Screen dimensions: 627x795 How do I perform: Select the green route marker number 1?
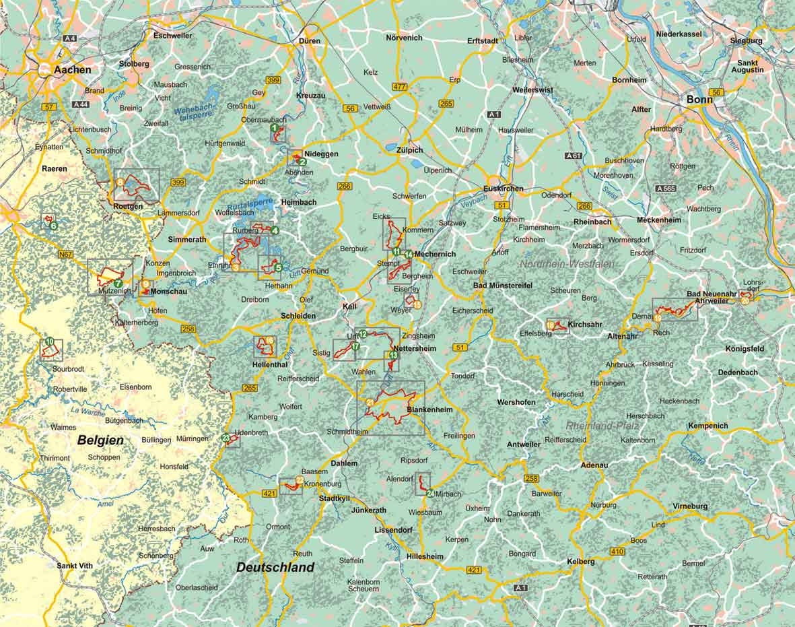tap(275, 127)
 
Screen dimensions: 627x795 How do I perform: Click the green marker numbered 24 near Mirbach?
tap(430, 494)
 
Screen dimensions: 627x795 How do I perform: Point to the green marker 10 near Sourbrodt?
tap(50, 342)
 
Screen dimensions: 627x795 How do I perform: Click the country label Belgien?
tap(100, 440)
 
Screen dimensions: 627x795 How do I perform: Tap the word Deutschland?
tap(275, 567)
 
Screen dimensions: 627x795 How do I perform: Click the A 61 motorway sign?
tap(574, 156)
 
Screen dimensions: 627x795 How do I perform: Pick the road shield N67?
tap(66, 255)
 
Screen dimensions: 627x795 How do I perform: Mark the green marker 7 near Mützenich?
tap(118, 284)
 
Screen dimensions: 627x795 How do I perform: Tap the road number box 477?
tap(400, 87)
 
